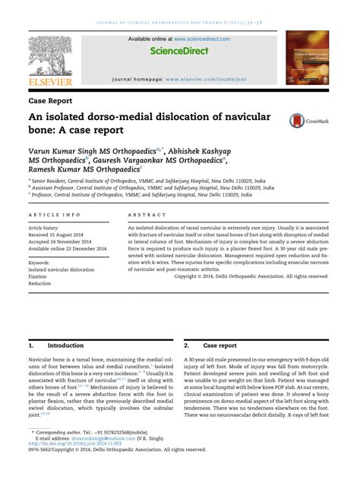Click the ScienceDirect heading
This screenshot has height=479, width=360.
[179, 51]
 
